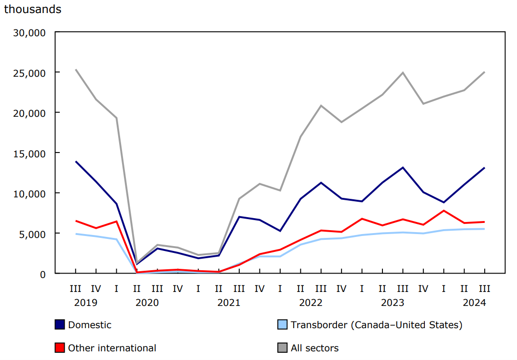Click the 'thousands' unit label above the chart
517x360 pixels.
pos(33,9)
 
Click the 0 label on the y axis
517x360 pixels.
pos(43,274)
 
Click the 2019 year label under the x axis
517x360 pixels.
pos(85,303)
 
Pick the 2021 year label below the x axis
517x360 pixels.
pos(229,303)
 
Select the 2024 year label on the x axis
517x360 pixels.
pos(474,303)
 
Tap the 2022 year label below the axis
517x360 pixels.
pos(311,303)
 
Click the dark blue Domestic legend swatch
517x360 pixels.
pos(60,325)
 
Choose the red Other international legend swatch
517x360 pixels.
pos(60,347)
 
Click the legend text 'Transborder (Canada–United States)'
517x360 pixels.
pos(376,325)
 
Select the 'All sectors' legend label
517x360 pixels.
pos(314,347)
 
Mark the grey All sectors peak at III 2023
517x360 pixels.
pos(403,73)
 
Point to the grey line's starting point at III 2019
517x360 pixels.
pos(75,69)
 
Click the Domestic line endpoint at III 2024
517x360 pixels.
pos(484,168)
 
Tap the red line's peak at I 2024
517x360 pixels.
pos(444,211)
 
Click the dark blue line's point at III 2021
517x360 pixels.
pos(239,217)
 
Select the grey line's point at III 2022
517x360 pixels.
pos(321,106)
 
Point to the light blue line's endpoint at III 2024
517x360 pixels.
pos(484,229)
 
